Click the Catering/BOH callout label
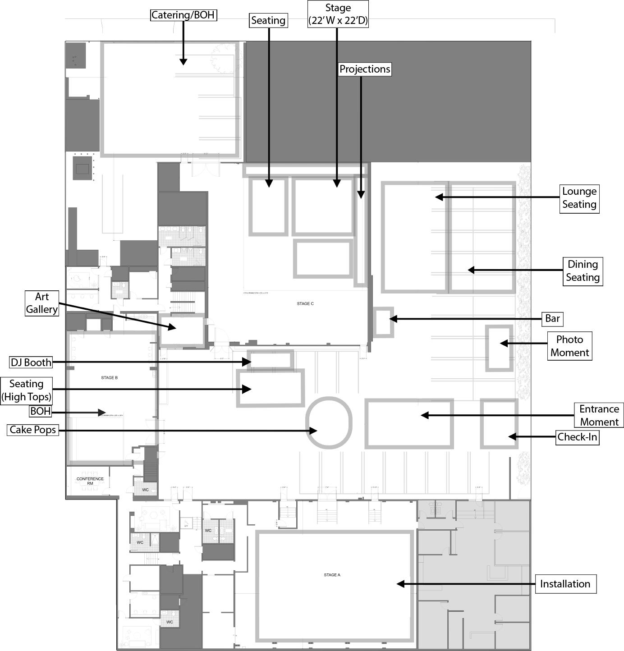[184, 15]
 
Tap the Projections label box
[365, 69]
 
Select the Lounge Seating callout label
[579, 198]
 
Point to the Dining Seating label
[583, 271]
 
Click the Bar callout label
[552, 319]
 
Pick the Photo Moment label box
[569, 346]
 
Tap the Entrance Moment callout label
[599, 415]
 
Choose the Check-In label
[577, 437]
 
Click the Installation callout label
[565, 584]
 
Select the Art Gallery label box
[41, 303]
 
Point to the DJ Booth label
[31, 362]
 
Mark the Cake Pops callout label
[33, 430]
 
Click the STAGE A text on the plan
[332, 575]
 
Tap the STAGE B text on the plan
[109, 378]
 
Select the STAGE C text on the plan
[305, 304]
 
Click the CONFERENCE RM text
[90, 481]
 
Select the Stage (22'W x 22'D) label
[338, 14]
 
